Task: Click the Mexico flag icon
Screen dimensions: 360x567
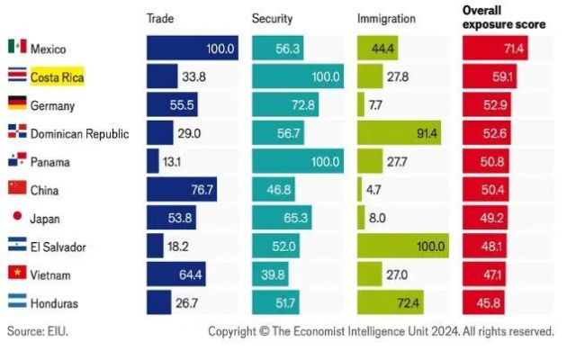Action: click(x=16, y=47)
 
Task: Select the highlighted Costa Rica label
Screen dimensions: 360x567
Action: click(x=57, y=76)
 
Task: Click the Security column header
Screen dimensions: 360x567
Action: click(x=272, y=17)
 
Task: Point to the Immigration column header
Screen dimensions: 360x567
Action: click(x=386, y=17)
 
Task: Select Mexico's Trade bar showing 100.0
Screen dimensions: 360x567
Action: click(x=192, y=48)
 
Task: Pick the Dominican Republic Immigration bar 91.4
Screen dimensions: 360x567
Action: click(x=400, y=133)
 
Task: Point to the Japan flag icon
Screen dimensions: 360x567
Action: click(x=16, y=217)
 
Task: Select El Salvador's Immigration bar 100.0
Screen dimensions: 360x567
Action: click(x=402, y=246)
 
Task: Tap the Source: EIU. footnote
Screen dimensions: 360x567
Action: click(x=38, y=331)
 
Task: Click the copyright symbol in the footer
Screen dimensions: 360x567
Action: click(x=265, y=331)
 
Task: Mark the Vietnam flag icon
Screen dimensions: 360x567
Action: click(x=16, y=273)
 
